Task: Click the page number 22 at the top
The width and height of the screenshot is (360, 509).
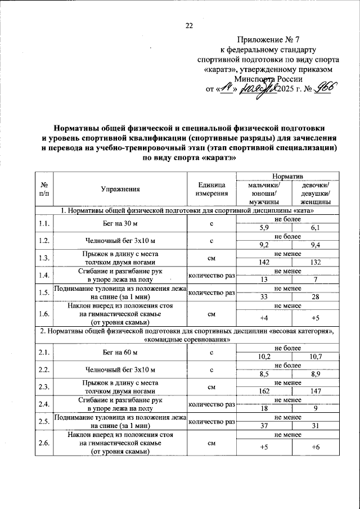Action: tap(189, 25)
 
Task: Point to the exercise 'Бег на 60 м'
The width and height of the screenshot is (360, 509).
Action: tap(120, 353)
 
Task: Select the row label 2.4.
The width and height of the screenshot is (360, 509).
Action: tap(43, 403)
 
